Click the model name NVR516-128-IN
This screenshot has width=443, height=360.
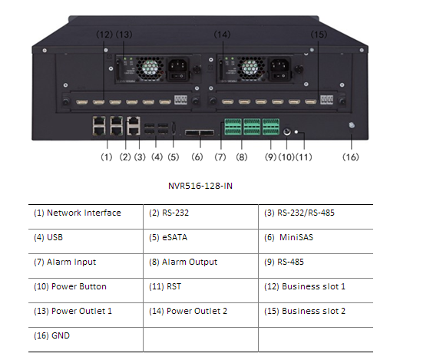coord(200,186)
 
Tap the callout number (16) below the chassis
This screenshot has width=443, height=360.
coord(351,157)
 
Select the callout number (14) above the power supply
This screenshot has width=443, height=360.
coord(222,35)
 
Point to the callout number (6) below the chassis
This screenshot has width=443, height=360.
coord(197,157)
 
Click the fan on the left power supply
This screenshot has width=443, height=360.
coord(150,68)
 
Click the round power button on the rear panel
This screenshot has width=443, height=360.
coord(287,132)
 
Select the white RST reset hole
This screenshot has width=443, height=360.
coord(296,132)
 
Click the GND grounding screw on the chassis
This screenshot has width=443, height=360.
coord(352,125)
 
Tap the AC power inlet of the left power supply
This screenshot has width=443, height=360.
coord(178,65)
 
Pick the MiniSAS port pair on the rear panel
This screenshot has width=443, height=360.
coord(200,133)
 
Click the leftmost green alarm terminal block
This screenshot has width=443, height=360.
coord(233,127)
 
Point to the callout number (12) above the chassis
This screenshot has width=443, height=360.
coord(104,35)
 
